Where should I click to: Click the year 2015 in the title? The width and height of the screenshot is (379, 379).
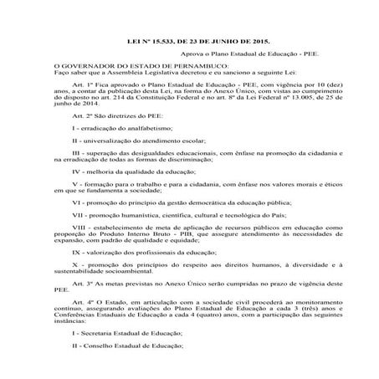pyautogui.click(x=236, y=39)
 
